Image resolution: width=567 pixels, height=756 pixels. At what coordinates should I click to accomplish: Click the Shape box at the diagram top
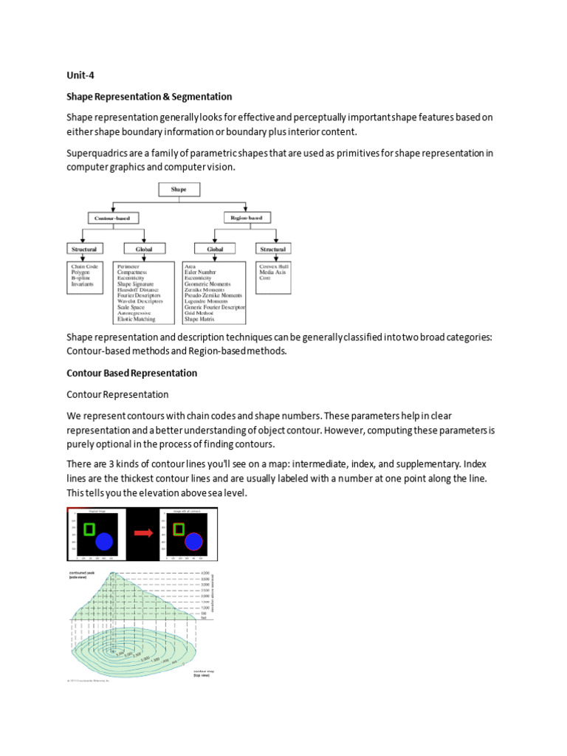point(179,190)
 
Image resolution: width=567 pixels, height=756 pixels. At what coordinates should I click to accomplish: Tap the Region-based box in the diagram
point(246,217)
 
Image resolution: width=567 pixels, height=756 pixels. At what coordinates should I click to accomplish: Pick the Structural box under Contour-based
point(83,250)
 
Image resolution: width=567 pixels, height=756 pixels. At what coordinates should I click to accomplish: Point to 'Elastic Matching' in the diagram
point(136,319)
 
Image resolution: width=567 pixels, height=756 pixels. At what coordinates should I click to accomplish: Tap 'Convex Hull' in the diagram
point(272,267)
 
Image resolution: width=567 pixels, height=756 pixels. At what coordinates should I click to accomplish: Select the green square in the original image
point(89,529)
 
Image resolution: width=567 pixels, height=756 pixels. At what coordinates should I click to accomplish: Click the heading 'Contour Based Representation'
point(131,373)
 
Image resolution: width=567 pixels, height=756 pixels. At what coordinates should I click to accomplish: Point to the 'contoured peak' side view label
point(79,574)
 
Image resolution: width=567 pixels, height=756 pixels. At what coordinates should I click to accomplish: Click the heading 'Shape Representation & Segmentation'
point(149,97)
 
